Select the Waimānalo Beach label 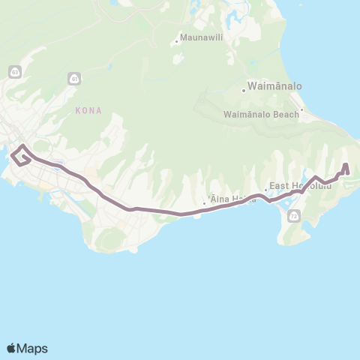[260, 115]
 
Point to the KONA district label [88, 110]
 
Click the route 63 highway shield [14, 71]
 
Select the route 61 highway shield [72, 78]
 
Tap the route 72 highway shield [292, 217]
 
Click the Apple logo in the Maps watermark [12, 348]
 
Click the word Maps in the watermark [33, 348]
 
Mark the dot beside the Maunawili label [176, 41]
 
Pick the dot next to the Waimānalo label [244, 91]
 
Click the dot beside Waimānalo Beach [301, 114]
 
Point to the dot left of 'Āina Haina [204, 202]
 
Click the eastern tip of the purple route [346, 164]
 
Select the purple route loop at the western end [21, 155]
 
